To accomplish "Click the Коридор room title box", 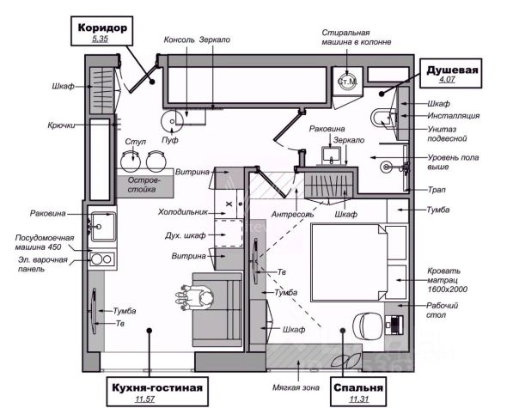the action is [x=102, y=31].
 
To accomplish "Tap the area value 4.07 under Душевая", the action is [x=447, y=79].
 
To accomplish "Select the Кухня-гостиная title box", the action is [x=157, y=391].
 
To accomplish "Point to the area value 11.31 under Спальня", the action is [x=359, y=399].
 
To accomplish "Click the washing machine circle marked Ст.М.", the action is [x=347, y=81].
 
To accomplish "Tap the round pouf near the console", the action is [x=172, y=121].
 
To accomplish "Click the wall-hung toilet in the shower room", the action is [x=382, y=119].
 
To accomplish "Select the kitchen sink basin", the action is [x=103, y=227].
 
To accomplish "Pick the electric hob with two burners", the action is [x=102, y=259].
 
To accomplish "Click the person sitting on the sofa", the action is [x=195, y=297].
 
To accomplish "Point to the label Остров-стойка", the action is [x=144, y=185].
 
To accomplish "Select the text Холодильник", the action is [x=182, y=212].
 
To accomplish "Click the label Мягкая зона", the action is [x=296, y=387].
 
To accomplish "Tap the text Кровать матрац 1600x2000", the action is [x=447, y=280].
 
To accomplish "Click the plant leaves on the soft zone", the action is [x=345, y=360].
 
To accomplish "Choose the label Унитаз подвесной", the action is [x=447, y=134].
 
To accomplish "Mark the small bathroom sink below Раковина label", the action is [x=331, y=155].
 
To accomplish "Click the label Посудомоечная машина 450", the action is [x=45, y=242].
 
